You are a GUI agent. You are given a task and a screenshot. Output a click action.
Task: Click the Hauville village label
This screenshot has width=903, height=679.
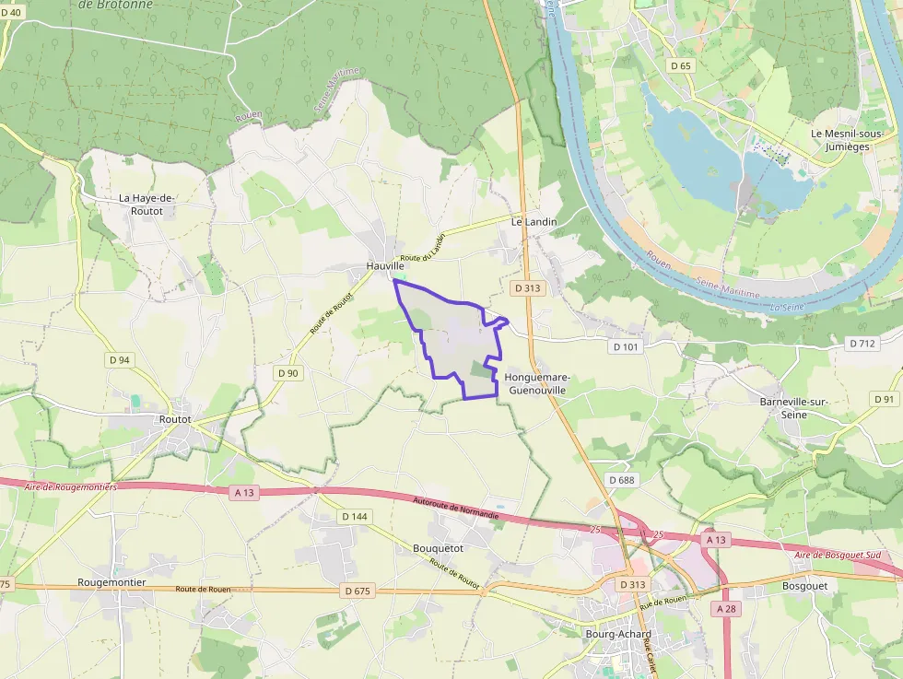click(x=385, y=266)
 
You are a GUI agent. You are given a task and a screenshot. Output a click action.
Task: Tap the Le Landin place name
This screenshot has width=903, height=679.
click(x=534, y=222)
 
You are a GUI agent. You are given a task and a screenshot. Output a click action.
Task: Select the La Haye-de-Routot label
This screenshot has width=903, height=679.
click(x=147, y=205)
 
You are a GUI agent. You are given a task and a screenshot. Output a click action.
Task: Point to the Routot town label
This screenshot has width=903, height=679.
click(x=175, y=418)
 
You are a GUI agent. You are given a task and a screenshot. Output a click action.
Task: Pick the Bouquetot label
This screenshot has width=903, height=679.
click(x=439, y=548)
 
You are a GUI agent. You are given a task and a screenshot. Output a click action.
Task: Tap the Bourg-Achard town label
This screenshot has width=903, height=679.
click(x=618, y=634)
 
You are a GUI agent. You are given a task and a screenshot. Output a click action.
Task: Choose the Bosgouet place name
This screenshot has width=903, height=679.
click(x=804, y=585)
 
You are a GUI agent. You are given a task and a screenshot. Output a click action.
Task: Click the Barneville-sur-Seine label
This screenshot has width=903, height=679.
click(x=796, y=408)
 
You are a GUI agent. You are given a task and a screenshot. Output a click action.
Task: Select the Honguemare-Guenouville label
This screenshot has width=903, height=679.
click(x=538, y=384)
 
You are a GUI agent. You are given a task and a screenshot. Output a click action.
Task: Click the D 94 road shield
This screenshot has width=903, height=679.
click(x=119, y=360)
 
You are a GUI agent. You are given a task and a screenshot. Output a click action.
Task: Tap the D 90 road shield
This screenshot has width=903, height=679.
click(x=287, y=373)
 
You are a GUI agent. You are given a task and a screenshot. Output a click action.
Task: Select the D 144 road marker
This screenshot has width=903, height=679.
click(x=354, y=517)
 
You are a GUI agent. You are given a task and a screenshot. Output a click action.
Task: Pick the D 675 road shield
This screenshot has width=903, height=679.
click(x=358, y=590)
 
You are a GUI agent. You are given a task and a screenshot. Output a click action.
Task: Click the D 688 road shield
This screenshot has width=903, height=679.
click(x=622, y=480)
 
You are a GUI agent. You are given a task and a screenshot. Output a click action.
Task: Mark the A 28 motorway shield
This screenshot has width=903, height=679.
click(x=725, y=609)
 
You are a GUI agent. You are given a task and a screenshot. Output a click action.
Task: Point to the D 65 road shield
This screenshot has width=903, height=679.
click(x=681, y=65)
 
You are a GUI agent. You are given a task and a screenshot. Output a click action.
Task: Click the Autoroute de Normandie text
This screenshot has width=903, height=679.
click(x=457, y=508)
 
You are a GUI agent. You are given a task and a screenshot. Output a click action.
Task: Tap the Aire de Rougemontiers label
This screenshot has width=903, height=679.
click(x=72, y=486)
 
